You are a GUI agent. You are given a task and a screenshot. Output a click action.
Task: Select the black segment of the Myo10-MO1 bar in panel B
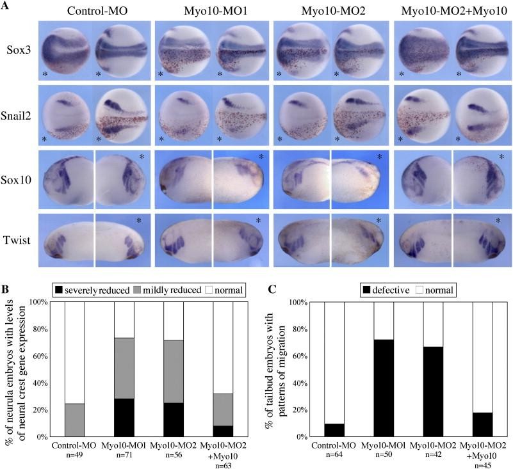click(124, 417)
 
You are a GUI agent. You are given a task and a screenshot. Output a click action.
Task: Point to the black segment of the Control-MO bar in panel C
click(334, 430)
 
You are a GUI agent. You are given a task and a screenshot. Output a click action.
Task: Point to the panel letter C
click(271, 290)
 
